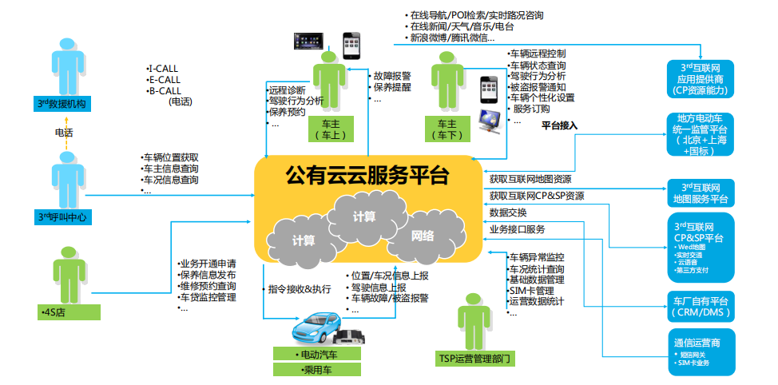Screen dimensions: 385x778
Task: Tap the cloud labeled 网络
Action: [x=423, y=236]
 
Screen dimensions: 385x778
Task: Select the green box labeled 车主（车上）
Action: [x=331, y=130]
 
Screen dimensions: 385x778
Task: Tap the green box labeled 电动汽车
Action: [x=316, y=354]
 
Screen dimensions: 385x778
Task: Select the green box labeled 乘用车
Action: [x=316, y=370]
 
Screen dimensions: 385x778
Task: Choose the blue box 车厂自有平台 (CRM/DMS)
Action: [x=702, y=306]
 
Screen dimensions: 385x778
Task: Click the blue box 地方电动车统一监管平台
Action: [x=702, y=133]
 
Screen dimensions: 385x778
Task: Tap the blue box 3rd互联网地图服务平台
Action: [x=702, y=192]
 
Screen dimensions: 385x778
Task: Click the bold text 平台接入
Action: [x=559, y=125]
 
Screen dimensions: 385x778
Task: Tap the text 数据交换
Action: [x=508, y=212]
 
